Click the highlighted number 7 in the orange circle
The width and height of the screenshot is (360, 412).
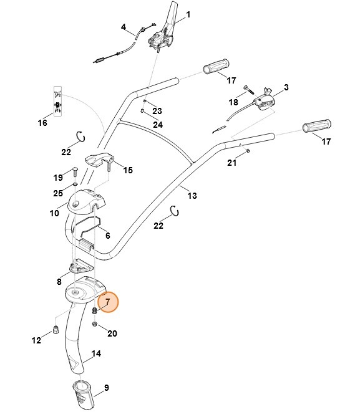(107, 302)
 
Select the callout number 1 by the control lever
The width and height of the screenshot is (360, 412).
(189, 14)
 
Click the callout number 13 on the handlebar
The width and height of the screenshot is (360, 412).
(192, 196)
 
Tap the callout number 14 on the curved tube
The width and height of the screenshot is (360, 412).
(97, 354)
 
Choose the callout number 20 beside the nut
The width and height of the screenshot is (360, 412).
(112, 333)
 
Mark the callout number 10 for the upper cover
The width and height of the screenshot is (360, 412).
(54, 213)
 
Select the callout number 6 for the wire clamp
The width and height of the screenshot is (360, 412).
(107, 237)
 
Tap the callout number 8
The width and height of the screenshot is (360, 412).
(60, 282)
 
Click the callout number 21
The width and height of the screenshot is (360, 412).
(231, 163)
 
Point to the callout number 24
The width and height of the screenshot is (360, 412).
(158, 125)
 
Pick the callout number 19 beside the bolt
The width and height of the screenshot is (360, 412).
(58, 177)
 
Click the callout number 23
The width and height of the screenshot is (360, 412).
(157, 111)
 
